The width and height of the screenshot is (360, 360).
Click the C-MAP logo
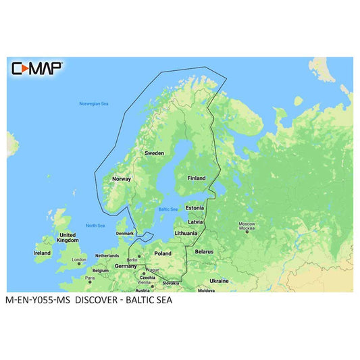37,68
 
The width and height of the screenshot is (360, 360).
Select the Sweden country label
153,153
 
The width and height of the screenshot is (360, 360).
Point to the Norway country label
120,179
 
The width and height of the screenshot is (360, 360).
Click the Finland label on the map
197,178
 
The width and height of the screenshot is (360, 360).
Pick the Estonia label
195,208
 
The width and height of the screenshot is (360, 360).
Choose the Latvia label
196,222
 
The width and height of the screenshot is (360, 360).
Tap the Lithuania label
186,233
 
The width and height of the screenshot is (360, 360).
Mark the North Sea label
95,226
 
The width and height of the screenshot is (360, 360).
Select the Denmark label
126,233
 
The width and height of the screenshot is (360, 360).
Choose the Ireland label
42,253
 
